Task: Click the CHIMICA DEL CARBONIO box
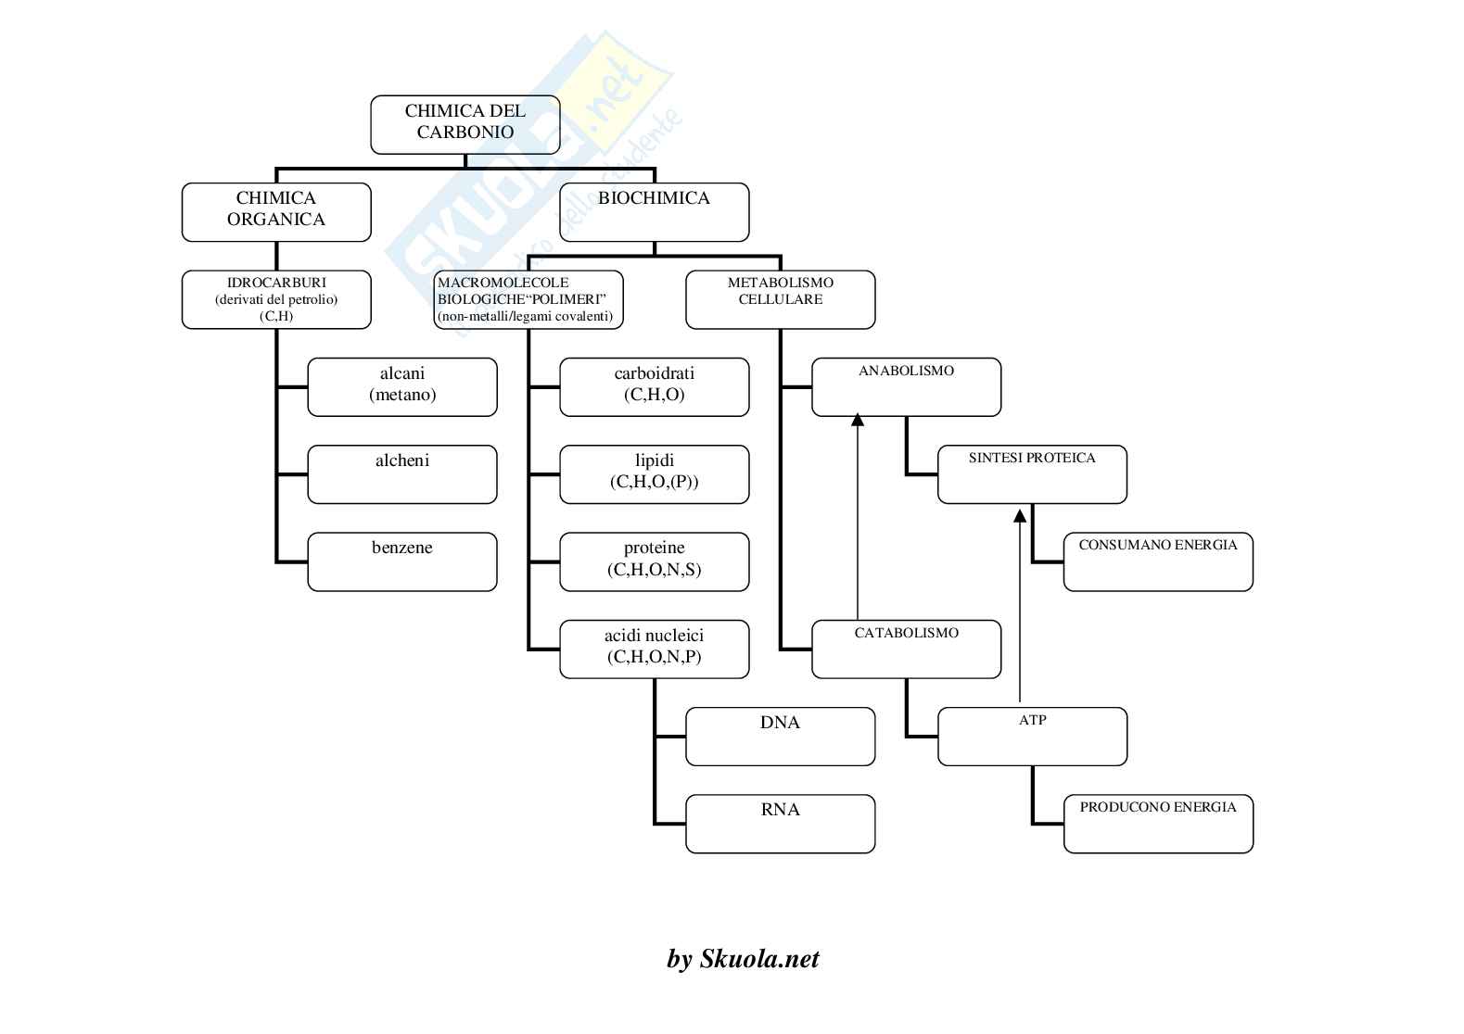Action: [465, 124]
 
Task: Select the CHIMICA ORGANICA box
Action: [276, 211]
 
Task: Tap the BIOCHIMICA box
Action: [654, 211]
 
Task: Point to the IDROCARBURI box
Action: [276, 299]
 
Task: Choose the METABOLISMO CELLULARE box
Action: [780, 299]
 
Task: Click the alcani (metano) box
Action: [401, 386]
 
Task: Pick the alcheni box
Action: [401, 473]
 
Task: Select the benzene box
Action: [401, 561]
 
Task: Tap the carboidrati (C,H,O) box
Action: [654, 386]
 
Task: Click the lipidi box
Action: [654, 473]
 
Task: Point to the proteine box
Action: [654, 561]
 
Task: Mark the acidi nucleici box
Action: [654, 649]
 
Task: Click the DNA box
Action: [780, 736]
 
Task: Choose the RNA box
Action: [780, 823]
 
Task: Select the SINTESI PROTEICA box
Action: [1032, 473]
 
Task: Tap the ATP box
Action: [1032, 736]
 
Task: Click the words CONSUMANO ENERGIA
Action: [1158, 545]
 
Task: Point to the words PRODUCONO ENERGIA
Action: [1158, 807]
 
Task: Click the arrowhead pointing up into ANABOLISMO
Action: [858, 421]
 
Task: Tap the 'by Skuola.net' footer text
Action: [743, 959]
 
